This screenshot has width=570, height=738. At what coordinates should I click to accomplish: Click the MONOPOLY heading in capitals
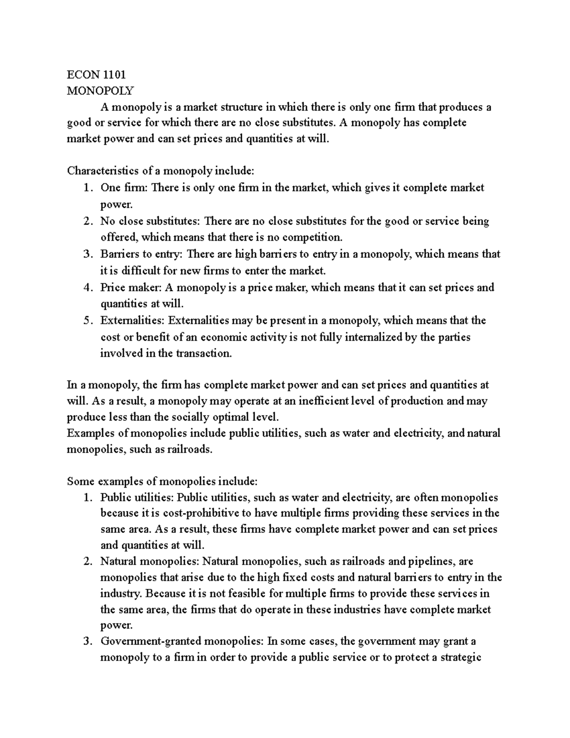(101, 90)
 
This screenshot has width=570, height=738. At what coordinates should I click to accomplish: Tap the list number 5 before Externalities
(86, 321)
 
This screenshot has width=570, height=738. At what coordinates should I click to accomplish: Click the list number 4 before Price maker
(86, 288)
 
